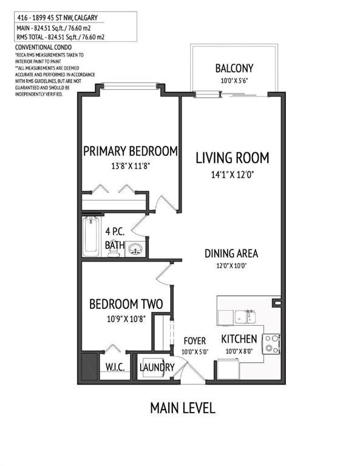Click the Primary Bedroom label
click(130, 151)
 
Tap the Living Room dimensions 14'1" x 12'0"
click(232, 175)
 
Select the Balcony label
click(234, 68)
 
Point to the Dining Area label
click(231, 253)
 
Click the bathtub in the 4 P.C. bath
click(91, 236)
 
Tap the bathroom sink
click(135, 249)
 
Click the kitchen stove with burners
click(271, 344)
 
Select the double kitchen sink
click(245, 317)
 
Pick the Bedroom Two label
click(126, 304)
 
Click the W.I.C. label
click(115, 367)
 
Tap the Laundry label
click(157, 367)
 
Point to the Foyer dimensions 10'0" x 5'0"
click(195, 351)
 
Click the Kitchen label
click(239, 339)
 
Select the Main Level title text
click(183, 408)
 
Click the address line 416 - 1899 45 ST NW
click(58, 18)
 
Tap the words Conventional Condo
click(43, 47)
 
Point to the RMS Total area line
click(61, 37)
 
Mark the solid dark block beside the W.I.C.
click(89, 366)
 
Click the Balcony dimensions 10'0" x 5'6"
click(234, 80)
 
